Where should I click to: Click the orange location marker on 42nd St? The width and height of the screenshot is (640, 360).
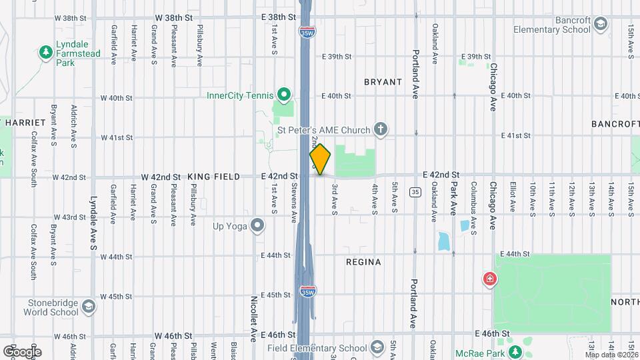tap(320, 159)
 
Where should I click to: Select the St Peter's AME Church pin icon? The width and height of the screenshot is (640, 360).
tap(381, 129)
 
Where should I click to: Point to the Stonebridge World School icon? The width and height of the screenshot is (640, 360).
tap(89, 307)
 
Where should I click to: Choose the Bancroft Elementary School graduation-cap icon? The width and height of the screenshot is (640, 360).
tap(601, 25)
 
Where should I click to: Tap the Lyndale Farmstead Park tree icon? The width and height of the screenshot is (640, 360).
tap(45, 52)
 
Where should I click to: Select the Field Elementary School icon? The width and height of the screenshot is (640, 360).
tap(377, 347)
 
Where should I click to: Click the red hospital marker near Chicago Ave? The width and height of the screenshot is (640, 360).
tap(490, 279)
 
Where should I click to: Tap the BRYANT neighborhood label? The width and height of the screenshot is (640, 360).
tap(383, 82)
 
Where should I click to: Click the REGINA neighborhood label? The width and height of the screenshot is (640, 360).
tap(363, 262)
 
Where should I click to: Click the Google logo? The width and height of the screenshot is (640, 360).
tap(22, 351)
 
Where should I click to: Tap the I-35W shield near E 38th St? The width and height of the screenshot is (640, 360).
tap(307, 31)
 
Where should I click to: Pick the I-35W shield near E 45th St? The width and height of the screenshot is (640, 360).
tap(307, 292)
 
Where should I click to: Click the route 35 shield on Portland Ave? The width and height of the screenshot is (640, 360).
tap(415, 192)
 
